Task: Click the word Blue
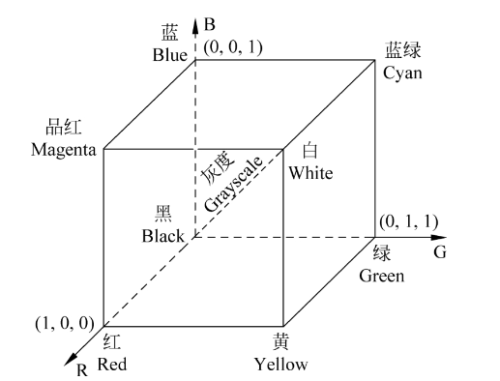(x=169, y=54)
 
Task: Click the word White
(x=309, y=174)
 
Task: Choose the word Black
(x=162, y=235)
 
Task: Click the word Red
(x=112, y=365)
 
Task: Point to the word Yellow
(x=280, y=365)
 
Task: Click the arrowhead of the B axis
(x=196, y=21)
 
